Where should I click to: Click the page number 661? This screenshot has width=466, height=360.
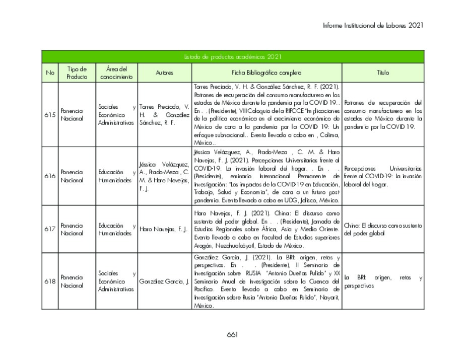(232, 334)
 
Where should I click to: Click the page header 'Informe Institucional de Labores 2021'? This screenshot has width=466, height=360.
(373, 25)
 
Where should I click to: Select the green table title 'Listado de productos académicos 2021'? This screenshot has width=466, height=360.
(232, 57)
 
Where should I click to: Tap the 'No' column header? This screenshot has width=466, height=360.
(50, 73)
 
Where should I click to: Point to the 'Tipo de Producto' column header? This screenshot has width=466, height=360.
(77, 73)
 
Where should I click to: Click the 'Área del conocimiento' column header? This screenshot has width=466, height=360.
(116, 73)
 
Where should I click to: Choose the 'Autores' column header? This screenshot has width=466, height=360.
(164, 73)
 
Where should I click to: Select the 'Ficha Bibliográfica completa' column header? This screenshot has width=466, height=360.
(267, 73)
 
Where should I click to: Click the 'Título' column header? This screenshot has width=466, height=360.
(383, 73)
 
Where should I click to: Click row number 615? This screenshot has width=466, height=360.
(50, 115)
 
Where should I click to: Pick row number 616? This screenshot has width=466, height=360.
(50, 176)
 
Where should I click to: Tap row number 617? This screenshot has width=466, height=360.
(50, 229)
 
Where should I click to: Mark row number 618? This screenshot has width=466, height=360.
(50, 281)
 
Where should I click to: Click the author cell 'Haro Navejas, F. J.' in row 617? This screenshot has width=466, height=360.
(164, 229)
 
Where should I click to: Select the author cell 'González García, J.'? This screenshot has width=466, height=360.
(164, 281)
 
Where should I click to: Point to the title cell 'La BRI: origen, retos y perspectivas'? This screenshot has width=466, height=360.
(383, 281)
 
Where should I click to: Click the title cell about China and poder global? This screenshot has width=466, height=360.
(383, 229)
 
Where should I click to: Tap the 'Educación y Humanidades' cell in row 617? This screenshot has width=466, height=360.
(116, 229)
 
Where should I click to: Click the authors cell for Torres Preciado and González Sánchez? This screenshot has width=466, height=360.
(164, 115)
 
